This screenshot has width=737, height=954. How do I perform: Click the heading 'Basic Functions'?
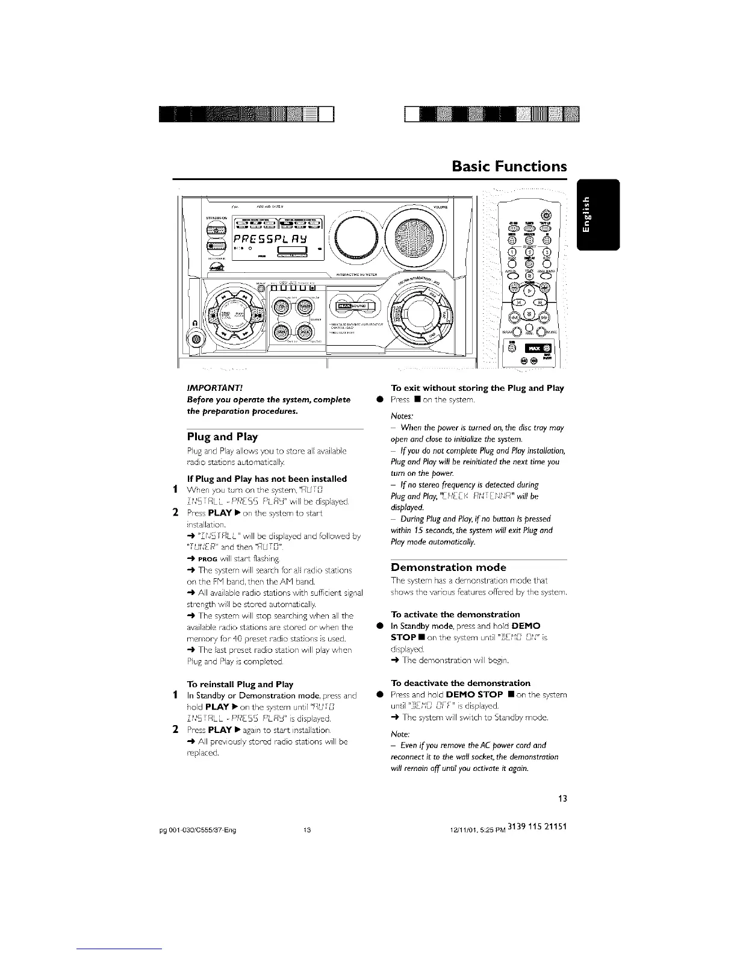pos(509,166)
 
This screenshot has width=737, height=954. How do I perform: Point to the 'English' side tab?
pos(597,214)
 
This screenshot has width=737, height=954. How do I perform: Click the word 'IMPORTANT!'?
pos(209,388)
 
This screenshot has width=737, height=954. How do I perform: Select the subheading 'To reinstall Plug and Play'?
pos(240,684)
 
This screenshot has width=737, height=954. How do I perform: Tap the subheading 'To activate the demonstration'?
pos(455,614)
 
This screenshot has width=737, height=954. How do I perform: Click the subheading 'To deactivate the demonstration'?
pos(461,683)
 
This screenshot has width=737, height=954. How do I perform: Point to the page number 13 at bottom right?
pos(562,799)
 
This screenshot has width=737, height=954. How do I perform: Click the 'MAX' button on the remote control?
pos(533,347)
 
